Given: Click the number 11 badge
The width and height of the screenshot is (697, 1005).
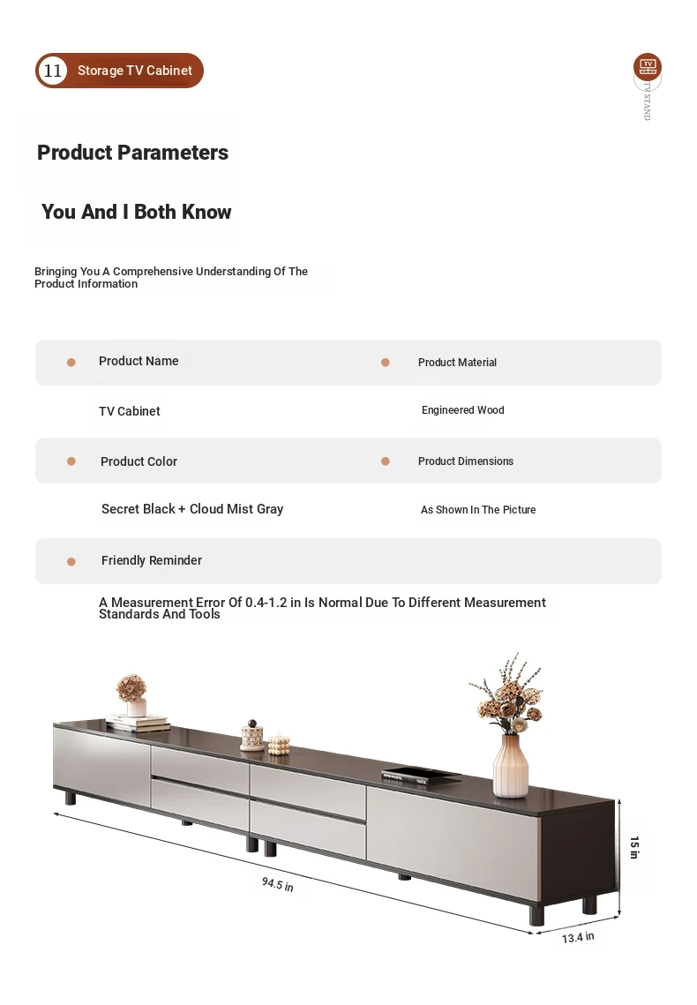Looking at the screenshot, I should click(53, 71).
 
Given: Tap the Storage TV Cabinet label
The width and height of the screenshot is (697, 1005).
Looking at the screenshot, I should click(134, 71).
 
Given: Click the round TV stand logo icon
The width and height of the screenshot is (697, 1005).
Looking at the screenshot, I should click(648, 66).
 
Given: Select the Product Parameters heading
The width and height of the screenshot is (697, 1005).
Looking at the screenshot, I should click(132, 153).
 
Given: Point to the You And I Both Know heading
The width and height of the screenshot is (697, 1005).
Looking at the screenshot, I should click(136, 212).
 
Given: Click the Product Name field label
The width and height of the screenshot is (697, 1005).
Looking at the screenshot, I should click(139, 361).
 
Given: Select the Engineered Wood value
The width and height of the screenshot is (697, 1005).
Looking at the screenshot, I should click(462, 410).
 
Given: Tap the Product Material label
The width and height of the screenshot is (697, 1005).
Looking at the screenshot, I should click(457, 363).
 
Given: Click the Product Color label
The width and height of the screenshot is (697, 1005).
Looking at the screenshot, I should click(139, 461).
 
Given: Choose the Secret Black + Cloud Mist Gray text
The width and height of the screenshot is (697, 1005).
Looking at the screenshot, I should click(192, 509).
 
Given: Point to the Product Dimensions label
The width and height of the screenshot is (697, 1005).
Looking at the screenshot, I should click(465, 461).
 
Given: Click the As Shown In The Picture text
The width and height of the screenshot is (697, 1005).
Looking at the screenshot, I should click(478, 510).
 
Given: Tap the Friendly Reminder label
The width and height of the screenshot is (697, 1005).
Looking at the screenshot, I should click(152, 560).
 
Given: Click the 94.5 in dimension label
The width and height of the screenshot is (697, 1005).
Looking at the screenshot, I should click(277, 883).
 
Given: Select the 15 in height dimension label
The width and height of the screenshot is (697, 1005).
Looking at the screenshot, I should click(633, 847).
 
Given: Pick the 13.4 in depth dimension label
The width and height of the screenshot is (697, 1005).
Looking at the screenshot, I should click(578, 937).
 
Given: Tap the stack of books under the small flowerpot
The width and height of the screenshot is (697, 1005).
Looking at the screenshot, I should click(139, 723).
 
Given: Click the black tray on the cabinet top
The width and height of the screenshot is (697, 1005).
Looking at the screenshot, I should click(420, 774).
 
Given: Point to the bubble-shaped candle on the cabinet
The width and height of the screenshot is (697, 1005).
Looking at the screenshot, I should click(279, 743).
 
